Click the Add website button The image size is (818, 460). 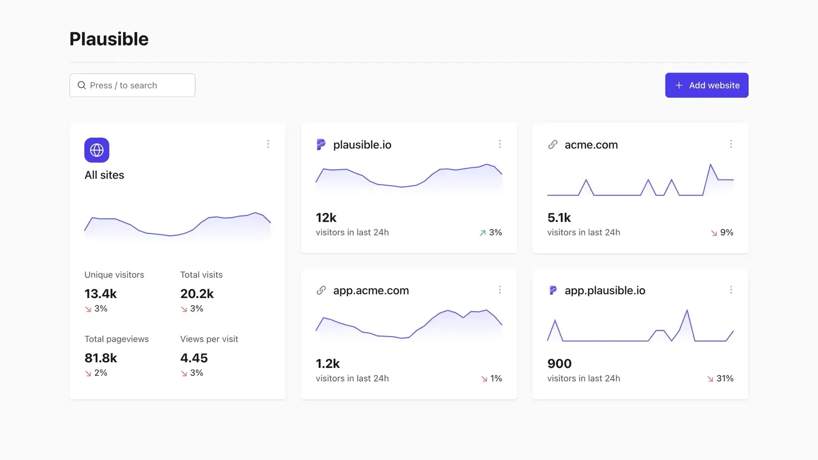click(x=707, y=85)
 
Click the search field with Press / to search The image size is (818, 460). click(x=132, y=85)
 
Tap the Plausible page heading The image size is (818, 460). click(x=109, y=39)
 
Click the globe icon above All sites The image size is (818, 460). click(x=97, y=150)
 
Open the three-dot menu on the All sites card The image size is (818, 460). click(x=268, y=144)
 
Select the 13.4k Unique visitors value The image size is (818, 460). click(x=101, y=294)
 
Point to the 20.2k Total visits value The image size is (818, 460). click(x=197, y=294)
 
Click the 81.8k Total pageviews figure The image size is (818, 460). click(x=101, y=358)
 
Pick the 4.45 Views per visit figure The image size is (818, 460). click(x=194, y=358)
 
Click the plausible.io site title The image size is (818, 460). click(x=362, y=145)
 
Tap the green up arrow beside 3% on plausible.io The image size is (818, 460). click(x=483, y=233)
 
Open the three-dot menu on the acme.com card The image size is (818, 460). click(x=731, y=144)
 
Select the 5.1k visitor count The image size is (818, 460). click(x=559, y=218)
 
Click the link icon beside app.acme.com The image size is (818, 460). click(x=321, y=290)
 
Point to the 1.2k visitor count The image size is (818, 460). click(x=328, y=364)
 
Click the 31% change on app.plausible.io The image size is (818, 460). click(x=724, y=379)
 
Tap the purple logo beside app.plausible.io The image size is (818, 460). click(x=553, y=290)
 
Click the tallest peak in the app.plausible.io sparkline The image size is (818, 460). click(x=687, y=311)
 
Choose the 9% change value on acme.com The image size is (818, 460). click(x=726, y=233)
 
